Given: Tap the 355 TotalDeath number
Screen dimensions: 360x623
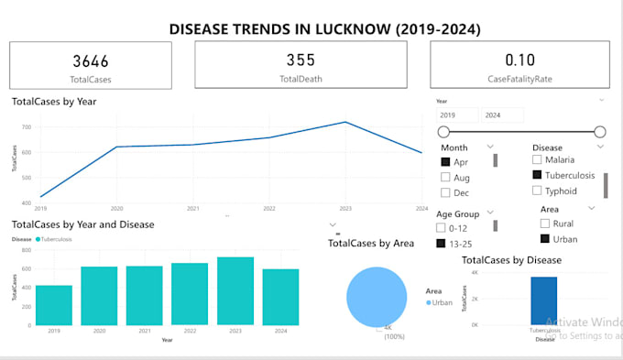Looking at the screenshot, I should pos(300,60).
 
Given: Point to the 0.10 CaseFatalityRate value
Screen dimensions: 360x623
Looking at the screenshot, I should pos(519,60).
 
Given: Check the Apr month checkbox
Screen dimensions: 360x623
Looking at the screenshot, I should pos(445,162).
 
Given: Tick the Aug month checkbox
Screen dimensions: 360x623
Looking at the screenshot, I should pos(445,178).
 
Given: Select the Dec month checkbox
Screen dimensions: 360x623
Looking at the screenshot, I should pos(445,192).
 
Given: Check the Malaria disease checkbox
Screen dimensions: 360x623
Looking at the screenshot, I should pos(537,159).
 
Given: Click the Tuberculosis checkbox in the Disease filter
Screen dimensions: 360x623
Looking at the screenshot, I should pos(537,175).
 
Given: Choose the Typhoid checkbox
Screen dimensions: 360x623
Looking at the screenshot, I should pos(537,191).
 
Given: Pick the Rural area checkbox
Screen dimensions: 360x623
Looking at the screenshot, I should pos(545,224).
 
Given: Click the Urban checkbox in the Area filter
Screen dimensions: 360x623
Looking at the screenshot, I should pos(545,239).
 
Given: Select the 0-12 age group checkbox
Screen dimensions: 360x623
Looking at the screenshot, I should pos(442,227).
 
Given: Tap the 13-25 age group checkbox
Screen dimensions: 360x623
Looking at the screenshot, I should pos(442,243).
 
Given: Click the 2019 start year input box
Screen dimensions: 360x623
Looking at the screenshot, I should pos(456,115).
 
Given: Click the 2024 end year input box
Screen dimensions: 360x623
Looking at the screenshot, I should pos(503,115).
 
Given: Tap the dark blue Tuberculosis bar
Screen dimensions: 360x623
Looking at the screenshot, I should pos(543,300).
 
